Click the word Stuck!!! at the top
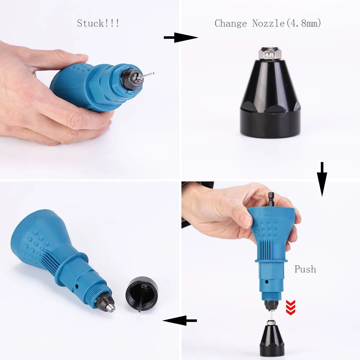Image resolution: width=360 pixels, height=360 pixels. coord(98,24)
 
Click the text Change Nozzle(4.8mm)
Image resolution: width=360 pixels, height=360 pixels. coord(267,24)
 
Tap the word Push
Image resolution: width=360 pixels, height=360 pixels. coord(305,269)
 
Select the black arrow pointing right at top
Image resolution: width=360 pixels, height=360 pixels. coord(181,37)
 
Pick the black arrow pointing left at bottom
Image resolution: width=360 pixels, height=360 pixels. coord(180,320)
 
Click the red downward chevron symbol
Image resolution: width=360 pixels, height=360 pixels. coord(291,307)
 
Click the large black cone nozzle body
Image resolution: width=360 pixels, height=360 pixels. coord(270,97)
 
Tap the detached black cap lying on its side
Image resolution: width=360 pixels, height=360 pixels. coord(142,293)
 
